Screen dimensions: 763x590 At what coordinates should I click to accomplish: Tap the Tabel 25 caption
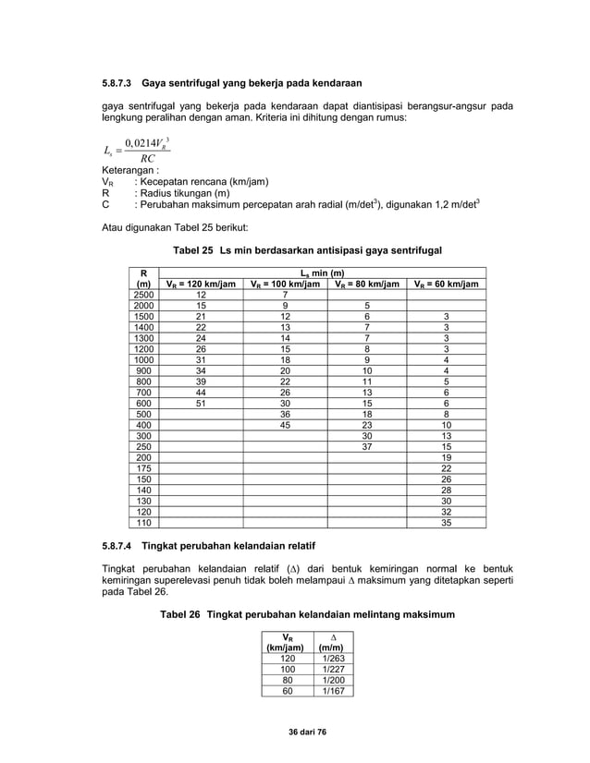pos(294,250)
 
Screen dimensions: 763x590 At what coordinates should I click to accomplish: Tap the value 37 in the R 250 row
pos(366,446)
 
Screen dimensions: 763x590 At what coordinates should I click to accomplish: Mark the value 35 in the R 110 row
pos(447,522)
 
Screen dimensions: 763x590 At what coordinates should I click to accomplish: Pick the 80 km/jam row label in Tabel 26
pos(287,679)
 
